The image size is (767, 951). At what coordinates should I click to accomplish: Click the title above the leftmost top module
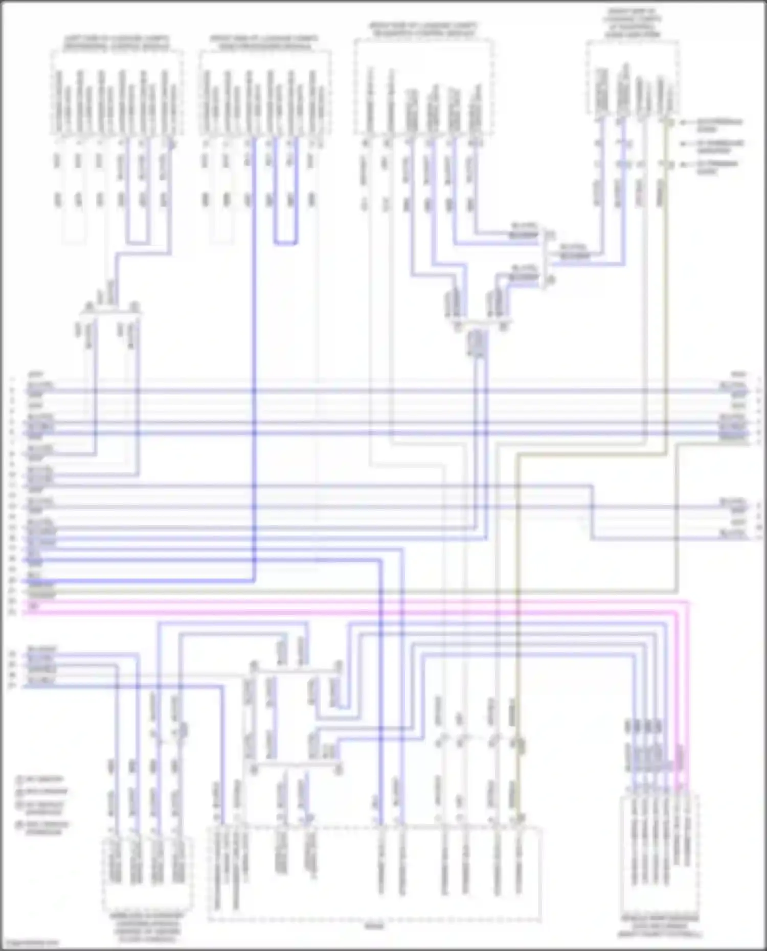point(117,41)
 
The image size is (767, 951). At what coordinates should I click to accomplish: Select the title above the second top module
point(263,41)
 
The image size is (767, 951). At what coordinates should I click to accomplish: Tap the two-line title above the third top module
point(424,29)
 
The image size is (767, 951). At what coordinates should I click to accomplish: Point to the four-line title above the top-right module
point(633,23)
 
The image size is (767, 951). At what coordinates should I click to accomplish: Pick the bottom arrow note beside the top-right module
point(718,168)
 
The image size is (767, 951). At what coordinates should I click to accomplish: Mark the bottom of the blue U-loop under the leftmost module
point(139,242)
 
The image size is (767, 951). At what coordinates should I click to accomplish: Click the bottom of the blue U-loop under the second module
point(285,243)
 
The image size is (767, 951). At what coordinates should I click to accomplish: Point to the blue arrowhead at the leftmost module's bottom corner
point(173,145)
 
